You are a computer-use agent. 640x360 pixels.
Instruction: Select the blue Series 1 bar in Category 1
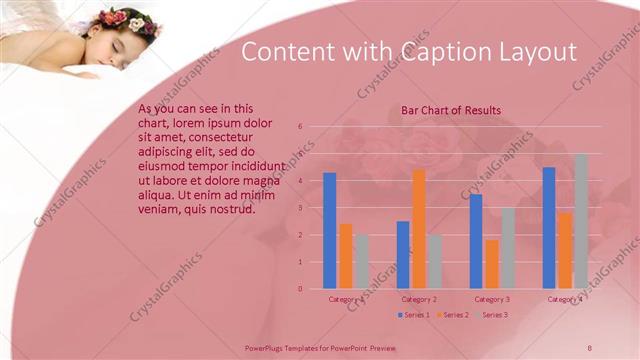click(329, 230)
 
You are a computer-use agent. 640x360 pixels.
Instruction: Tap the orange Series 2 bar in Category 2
click(418, 228)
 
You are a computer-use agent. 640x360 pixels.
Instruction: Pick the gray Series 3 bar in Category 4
click(581, 221)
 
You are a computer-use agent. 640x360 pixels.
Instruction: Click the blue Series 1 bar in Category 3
click(476, 241)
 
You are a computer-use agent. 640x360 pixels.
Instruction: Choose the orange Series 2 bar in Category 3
click(492, 264)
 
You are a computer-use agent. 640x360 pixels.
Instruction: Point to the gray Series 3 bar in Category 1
click(361, 261)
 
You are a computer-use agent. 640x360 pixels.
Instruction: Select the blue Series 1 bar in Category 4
click(549, 227)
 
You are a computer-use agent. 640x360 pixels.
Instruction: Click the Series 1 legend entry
click(414, 315)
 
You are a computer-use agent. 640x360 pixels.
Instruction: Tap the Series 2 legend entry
click(453, 315)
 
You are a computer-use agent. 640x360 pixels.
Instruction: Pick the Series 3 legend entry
click(492, 315)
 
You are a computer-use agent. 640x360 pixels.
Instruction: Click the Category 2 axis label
click(418, 299)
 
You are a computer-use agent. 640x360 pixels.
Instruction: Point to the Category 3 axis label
click(492, 299)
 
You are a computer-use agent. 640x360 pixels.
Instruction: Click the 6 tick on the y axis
click(300, 127)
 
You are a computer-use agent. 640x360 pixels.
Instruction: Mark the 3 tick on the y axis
click(300, 208)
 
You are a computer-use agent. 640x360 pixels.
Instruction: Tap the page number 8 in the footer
click(590, 346)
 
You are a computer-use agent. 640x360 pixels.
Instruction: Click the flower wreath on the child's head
click(128, 20)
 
